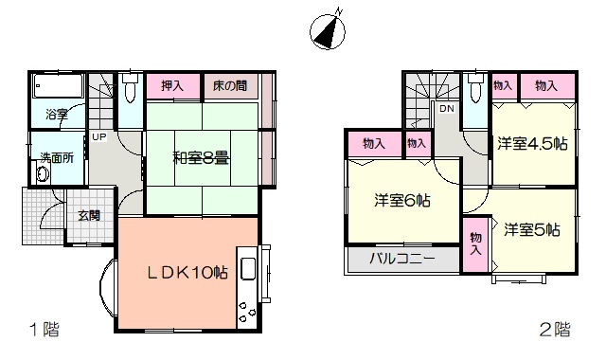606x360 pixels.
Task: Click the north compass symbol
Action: coord(328,30)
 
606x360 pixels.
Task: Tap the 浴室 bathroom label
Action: coord(57,114)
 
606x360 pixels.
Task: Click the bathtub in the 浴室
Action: coord(59,86)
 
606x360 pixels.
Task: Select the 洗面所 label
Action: coord(57,158)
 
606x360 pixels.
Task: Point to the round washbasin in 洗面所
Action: coord(44,173)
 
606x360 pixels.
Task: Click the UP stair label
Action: coord(98,136)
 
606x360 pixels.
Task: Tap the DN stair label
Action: coord(447,109)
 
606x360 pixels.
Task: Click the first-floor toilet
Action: coord(130,87)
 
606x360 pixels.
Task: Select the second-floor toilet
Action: coord(474,87)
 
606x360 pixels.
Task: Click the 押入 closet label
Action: coord(172,85)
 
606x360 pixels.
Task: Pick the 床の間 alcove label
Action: coord(230,85)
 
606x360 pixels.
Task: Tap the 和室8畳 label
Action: coord(201,158)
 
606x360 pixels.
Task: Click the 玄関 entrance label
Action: coord(90,215)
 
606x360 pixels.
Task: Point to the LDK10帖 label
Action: coord(187,273)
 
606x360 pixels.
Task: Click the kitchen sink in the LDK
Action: coord(248,268)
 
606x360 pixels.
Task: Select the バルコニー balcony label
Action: coord(402,259)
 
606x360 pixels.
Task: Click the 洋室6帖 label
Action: coord(401,201)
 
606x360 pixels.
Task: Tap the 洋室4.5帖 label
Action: coord(532,144)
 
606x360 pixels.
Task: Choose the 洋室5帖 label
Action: coord(532,230)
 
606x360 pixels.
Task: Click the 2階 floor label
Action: coord(555,330)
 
